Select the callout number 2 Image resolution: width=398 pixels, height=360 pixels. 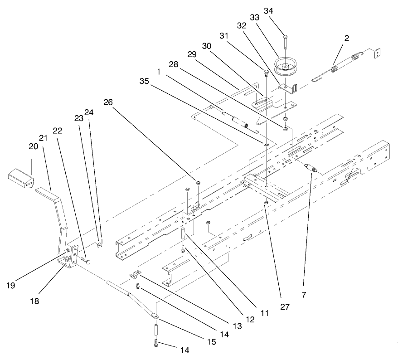pyautogui.click(x=346, y=39)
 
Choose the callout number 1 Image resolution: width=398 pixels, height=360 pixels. pyautogui.click(x=159, y=72)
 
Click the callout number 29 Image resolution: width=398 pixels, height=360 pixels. pyautogui.click(x=191, y=54)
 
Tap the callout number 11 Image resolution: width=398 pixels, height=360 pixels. pyautogui.click(x=265, y=313)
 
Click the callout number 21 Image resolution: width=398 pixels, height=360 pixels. pyautogui.click(x=44, y=138)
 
